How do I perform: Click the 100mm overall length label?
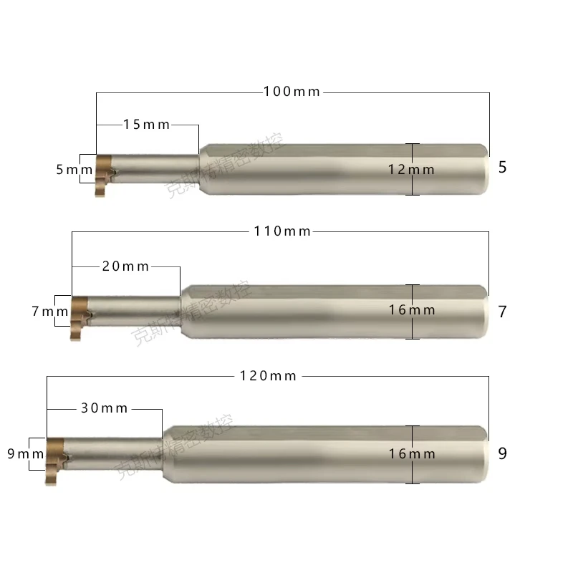(x=292, y=92)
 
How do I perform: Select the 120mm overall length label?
(x=269, y=375)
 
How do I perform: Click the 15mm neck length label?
(x=147, y=125)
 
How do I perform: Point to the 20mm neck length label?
(x=126, y=266)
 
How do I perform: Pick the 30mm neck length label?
(x=105, y=408)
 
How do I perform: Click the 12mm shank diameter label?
(x=412, y=170)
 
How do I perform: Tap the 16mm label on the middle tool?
(x=412, y=310)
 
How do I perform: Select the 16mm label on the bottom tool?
(x=412, y=454)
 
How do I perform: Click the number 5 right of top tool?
(x=502, y=168)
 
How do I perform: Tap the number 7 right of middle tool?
(x=502, y=312)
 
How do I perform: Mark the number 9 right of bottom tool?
(x=502, y=454)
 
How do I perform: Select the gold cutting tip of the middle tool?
(x=79, y=314)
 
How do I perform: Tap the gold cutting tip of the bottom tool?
(x=55, y=456)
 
